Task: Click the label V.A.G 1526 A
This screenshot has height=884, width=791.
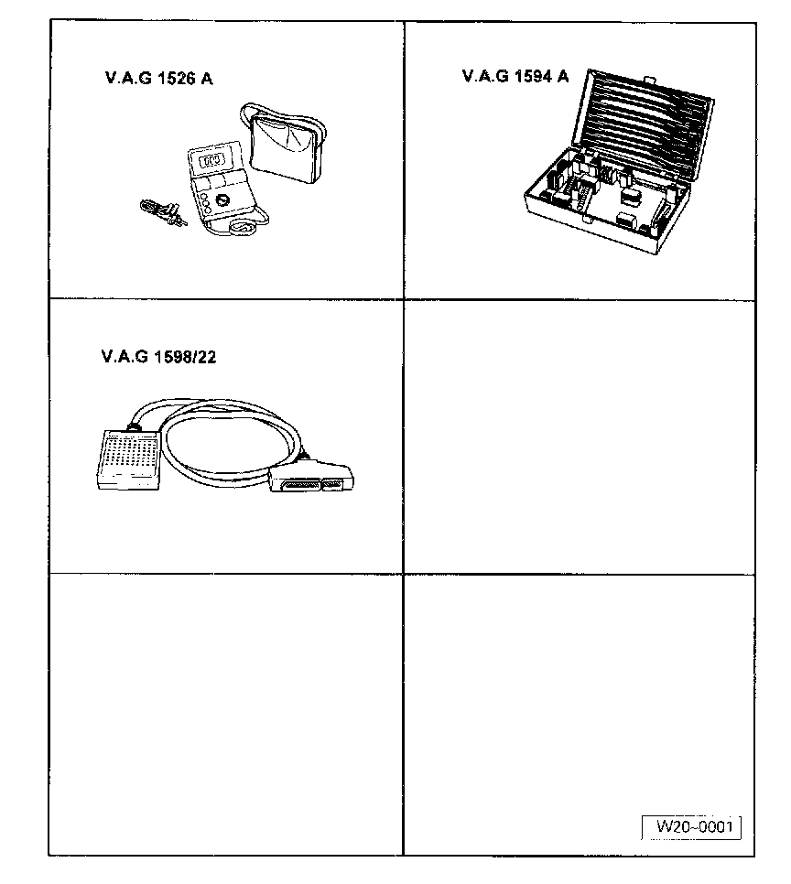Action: (159, 79)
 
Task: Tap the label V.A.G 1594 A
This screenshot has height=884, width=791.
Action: (515, 76)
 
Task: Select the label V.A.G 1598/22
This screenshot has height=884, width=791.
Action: (158, 356)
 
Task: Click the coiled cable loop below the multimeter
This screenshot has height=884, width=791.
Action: (243, 228)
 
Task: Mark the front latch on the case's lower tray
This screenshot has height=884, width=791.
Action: (623, 221)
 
